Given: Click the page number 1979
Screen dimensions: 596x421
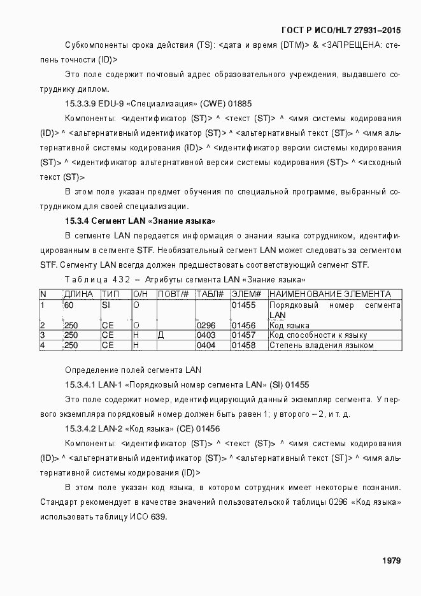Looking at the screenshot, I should click(x=391, y=561).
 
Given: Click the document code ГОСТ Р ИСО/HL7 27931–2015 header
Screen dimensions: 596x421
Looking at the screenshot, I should click(x=341, y=31).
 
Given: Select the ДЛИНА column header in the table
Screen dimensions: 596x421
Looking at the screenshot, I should click(x=78, y=294).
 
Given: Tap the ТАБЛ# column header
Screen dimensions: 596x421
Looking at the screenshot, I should click(x=210, y=294).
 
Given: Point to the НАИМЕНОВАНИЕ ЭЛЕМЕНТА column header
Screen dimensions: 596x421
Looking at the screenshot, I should click(x=329, y=294).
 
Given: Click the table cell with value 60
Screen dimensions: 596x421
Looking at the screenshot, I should click(x=69, y=305).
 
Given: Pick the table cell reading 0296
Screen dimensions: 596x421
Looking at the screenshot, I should click(x=206, y=326).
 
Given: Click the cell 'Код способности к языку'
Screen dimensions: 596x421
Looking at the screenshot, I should click(x=318, y=335).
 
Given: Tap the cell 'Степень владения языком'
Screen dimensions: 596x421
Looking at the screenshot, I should click(x=321, y=345).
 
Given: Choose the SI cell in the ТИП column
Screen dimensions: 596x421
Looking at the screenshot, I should click(x=106, y=305).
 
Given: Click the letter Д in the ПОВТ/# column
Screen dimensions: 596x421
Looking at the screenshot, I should click(x=161, y=335).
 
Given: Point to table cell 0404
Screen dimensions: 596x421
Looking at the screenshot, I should click(x=206, y=345).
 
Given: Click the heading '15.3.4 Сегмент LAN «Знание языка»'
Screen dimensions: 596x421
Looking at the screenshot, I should click(x=140, y=221).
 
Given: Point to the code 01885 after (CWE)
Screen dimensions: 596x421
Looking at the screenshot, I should click(x=240, y=103).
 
